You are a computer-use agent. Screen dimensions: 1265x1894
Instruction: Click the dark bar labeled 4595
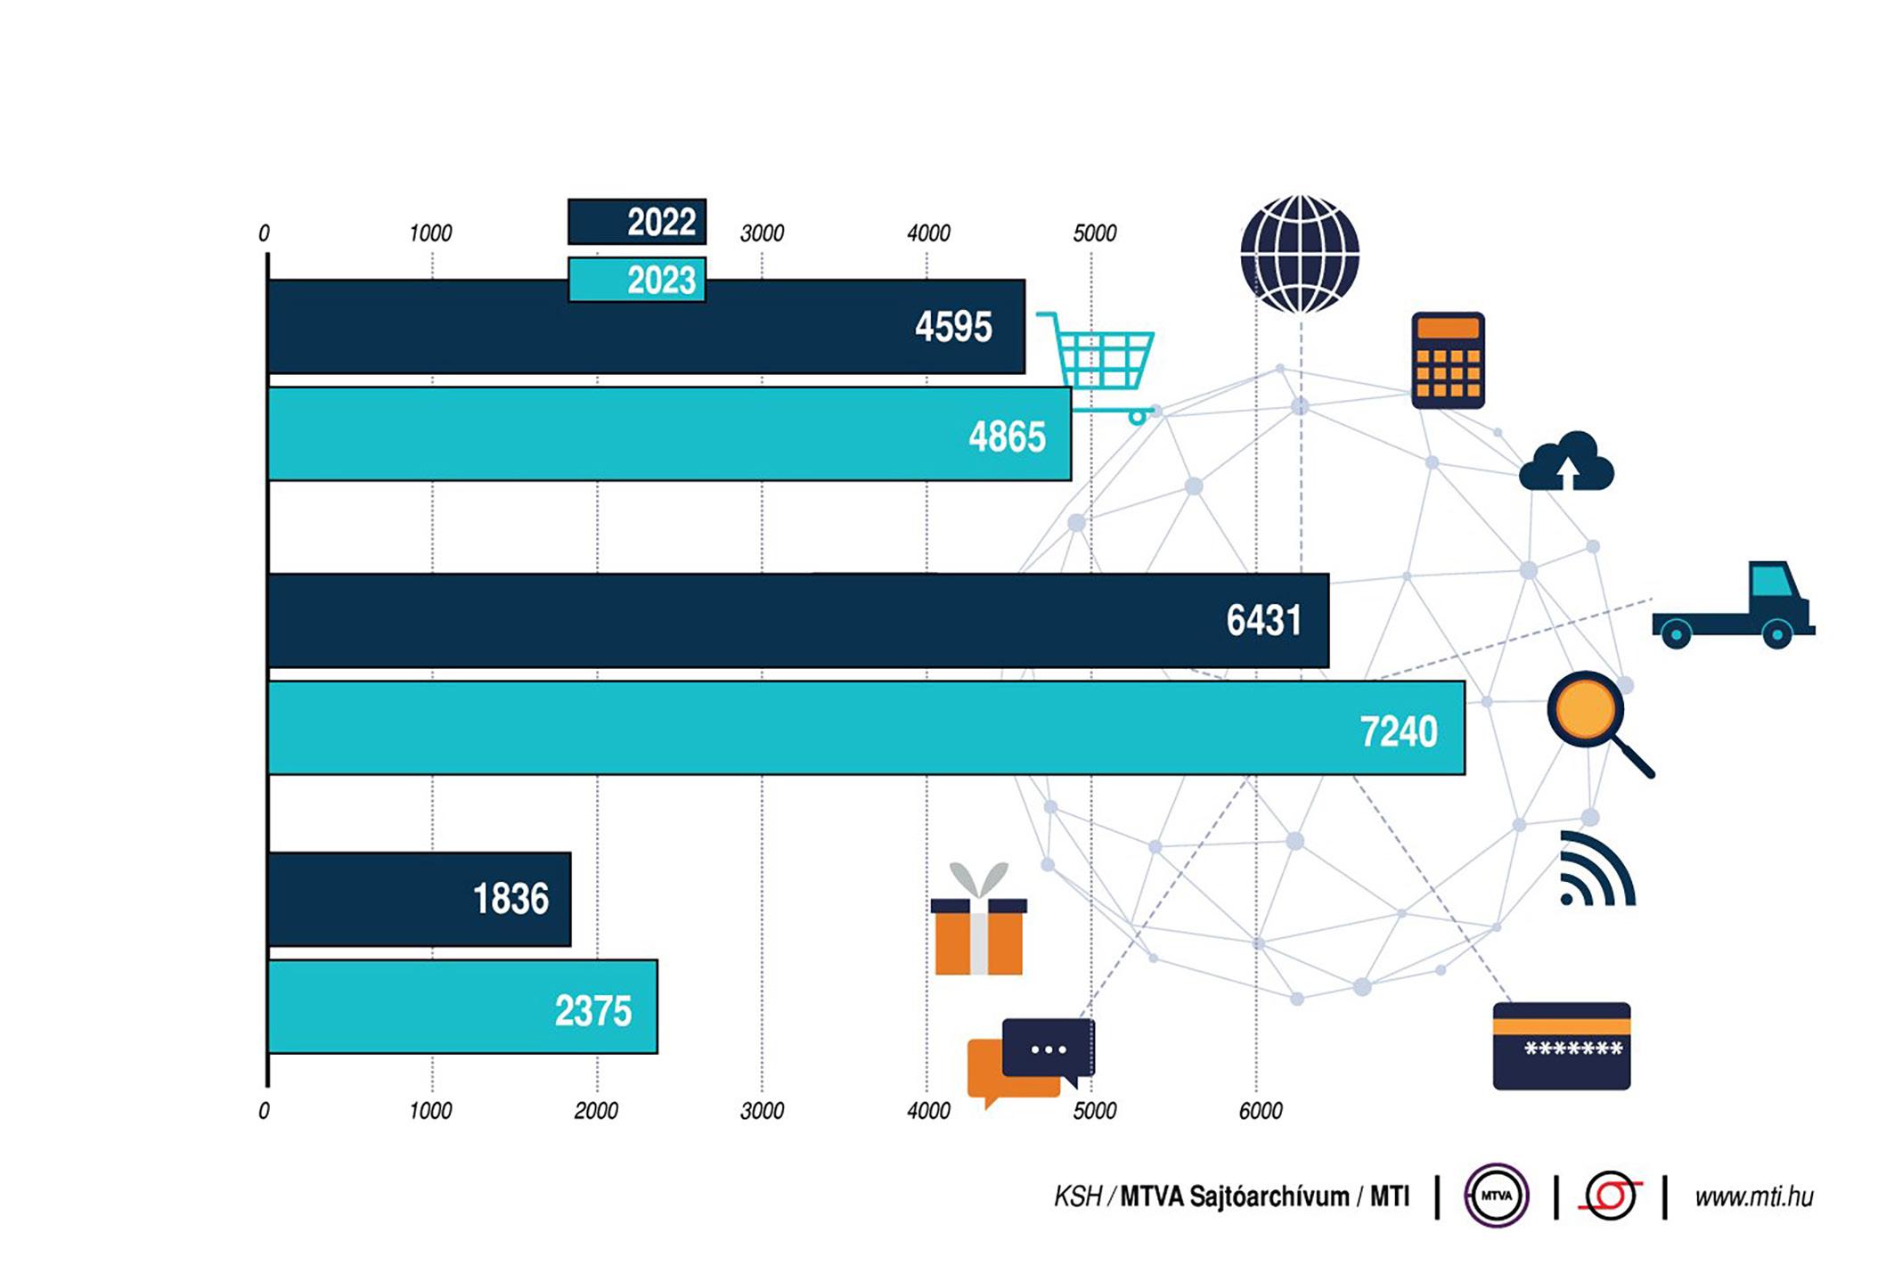[646, 327]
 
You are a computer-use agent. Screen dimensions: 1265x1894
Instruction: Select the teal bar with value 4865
[668, 435]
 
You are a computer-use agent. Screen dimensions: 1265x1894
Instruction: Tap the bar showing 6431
[797, 621]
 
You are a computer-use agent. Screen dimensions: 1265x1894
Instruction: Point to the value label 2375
[592, 1010]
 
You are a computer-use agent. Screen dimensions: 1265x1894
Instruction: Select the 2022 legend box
[637, 222]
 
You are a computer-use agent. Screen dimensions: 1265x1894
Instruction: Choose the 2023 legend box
[637, 280]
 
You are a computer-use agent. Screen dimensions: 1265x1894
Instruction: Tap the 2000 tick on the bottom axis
[596, 1111]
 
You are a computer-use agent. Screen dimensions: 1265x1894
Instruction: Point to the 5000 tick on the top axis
[1094, 233]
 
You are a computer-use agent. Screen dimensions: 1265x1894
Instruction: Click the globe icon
[1300, 255]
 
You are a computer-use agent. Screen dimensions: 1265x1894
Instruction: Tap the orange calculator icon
[1448, 360]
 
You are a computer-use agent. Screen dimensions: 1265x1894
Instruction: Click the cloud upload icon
[1566, 462]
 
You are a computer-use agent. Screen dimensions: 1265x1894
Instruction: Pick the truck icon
[1733, 605]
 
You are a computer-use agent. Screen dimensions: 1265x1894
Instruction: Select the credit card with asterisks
[1562, 1047]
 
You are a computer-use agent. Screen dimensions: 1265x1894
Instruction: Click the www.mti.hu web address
[1753, 1196]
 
